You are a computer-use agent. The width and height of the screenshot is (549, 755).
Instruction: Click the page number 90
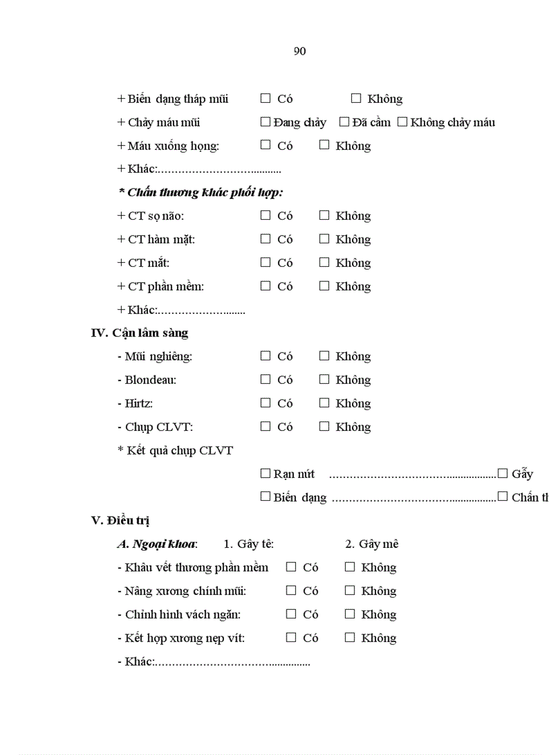click(300, 51)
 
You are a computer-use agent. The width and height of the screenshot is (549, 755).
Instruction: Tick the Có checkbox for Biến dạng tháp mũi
click(265, 98)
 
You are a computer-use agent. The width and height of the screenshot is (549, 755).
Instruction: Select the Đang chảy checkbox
click(265, 122)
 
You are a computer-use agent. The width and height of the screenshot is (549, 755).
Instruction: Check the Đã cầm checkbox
click(344, 122)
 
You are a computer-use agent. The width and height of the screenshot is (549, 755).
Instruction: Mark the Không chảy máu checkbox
click(402, 122)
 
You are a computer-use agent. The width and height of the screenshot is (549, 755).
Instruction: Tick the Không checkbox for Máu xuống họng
click(324, 145)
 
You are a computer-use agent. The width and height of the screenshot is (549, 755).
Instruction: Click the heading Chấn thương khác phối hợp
click(200, 192)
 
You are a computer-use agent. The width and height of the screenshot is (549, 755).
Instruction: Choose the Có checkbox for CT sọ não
click(265, 215)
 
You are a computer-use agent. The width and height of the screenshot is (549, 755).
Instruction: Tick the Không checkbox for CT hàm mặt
click(324, 239)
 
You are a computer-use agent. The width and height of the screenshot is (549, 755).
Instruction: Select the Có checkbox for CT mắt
click(265, 262)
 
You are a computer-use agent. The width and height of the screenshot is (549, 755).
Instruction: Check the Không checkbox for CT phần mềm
click(324, 286)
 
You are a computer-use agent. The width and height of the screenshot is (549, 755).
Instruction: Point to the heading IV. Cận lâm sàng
click(139, 333)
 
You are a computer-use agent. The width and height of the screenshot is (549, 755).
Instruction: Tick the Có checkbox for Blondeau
click(265, 379)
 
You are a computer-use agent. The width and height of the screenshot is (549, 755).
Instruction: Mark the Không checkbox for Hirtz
click(324, 403)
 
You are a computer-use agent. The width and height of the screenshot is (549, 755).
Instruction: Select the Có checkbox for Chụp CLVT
click(265, 426)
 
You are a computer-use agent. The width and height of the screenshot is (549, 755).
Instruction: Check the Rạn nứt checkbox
click(265, 473)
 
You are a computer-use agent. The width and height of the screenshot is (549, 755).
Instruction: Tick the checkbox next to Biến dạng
click(265, 497)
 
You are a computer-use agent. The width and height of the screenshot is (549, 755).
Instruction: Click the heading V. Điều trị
click(120, 520)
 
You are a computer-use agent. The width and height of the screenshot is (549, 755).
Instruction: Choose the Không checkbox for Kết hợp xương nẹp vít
click(349, 637)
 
